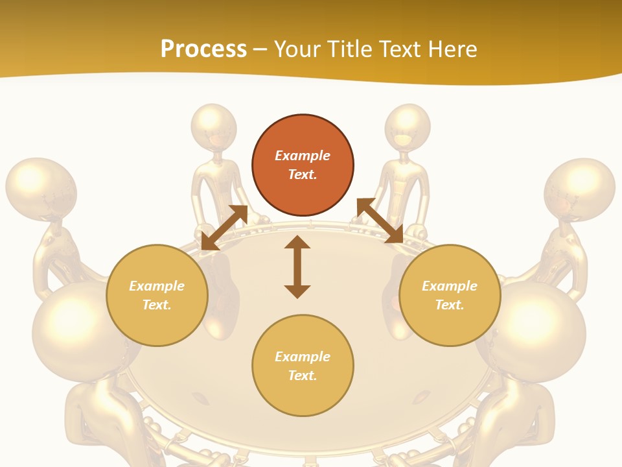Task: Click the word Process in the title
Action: click(203, 49)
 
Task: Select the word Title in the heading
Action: click(352, 49)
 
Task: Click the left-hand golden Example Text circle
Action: click(157, 295)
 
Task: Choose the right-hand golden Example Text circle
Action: click(450, 295)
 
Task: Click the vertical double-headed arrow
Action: click(297, 267)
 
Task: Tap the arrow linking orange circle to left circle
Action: click(224, 227)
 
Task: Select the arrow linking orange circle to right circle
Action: click(380, 221)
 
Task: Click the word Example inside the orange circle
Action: click(303, 156)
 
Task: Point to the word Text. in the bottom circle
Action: click(303, 376)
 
